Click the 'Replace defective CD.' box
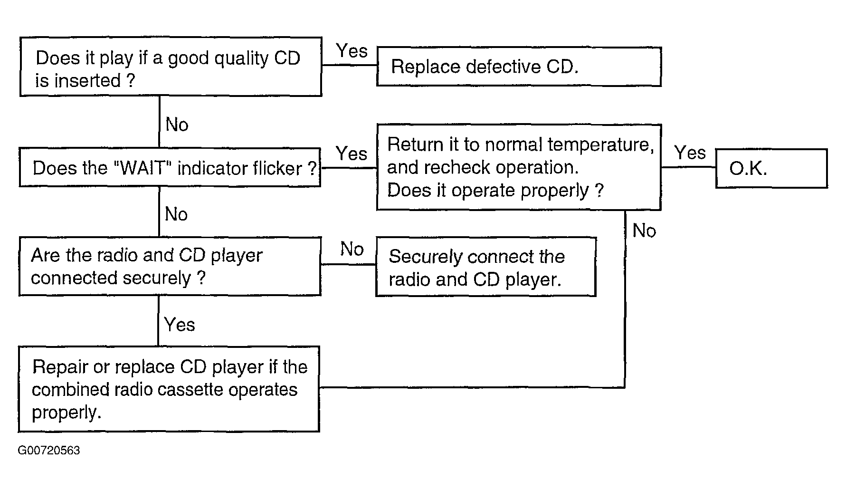point(519,67)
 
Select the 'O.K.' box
point(771,168)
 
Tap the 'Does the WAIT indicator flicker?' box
point(170,167)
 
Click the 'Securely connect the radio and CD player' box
point(486,267)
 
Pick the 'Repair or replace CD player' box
point(169,389)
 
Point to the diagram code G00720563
point(49,451)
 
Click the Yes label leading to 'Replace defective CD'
point(352,51)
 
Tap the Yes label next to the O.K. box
point(690,153)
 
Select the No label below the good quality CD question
point(177,125)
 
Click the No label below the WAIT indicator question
point(176,214)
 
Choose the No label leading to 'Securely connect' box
point(352,249)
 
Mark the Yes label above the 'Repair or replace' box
point(180,325)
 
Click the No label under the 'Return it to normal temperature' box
point(644,231)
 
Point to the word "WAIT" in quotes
point(143,168)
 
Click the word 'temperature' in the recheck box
point(600,144)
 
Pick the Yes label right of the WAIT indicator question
point(352,154)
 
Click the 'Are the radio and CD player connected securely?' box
point(170,267)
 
